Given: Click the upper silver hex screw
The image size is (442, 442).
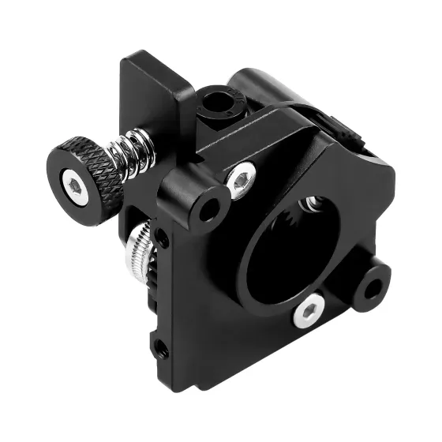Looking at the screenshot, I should tap(241, 181).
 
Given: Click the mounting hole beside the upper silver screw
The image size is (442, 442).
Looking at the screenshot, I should tap(209, 208).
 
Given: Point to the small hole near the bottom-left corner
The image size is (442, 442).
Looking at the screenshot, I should tap(161, 345).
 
